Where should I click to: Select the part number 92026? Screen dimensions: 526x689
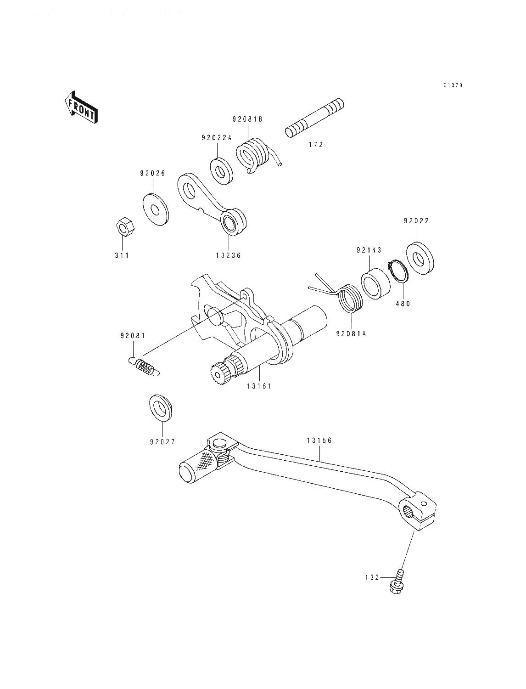(152, 173)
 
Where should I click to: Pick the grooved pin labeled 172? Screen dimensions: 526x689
(314, 117)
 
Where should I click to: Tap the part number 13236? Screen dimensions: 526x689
(228, 255)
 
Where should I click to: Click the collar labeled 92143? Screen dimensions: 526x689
(375, 284)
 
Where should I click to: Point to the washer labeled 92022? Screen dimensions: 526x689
(420, 258)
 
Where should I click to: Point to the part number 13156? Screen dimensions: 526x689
(319, 441)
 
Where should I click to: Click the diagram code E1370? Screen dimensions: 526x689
(452, 85)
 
